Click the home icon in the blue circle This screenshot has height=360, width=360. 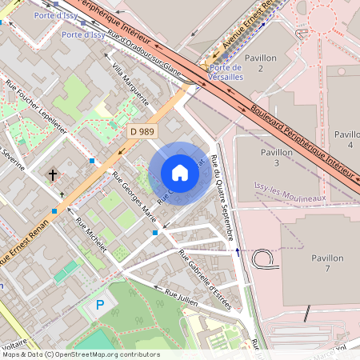tap(179, 173)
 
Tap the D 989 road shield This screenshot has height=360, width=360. tap(144, 130)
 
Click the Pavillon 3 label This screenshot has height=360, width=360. tap(276, 157)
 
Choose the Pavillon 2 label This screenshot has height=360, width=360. tap(261, 64)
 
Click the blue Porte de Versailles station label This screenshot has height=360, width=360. tap(226, 72)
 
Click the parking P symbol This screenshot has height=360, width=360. tap(100, 305)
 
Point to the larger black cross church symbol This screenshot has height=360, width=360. tap(53, 174)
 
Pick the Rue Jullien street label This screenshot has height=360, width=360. tap(182, 298)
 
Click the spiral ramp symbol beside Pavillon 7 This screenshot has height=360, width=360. tap(263, 258)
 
